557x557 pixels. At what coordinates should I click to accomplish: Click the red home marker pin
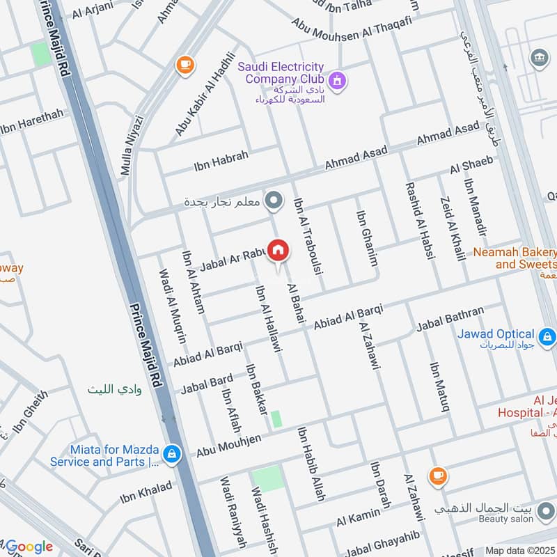coord(278,251)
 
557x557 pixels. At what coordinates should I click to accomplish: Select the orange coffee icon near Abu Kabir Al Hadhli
coord(185,65)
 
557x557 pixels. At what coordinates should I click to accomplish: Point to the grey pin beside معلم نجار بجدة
coord(275,202)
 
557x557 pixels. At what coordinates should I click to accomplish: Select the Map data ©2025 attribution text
coord(520,550)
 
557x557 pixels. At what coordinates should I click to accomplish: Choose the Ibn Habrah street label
coord(221,161)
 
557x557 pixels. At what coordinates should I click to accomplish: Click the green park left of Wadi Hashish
coord(268,479)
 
